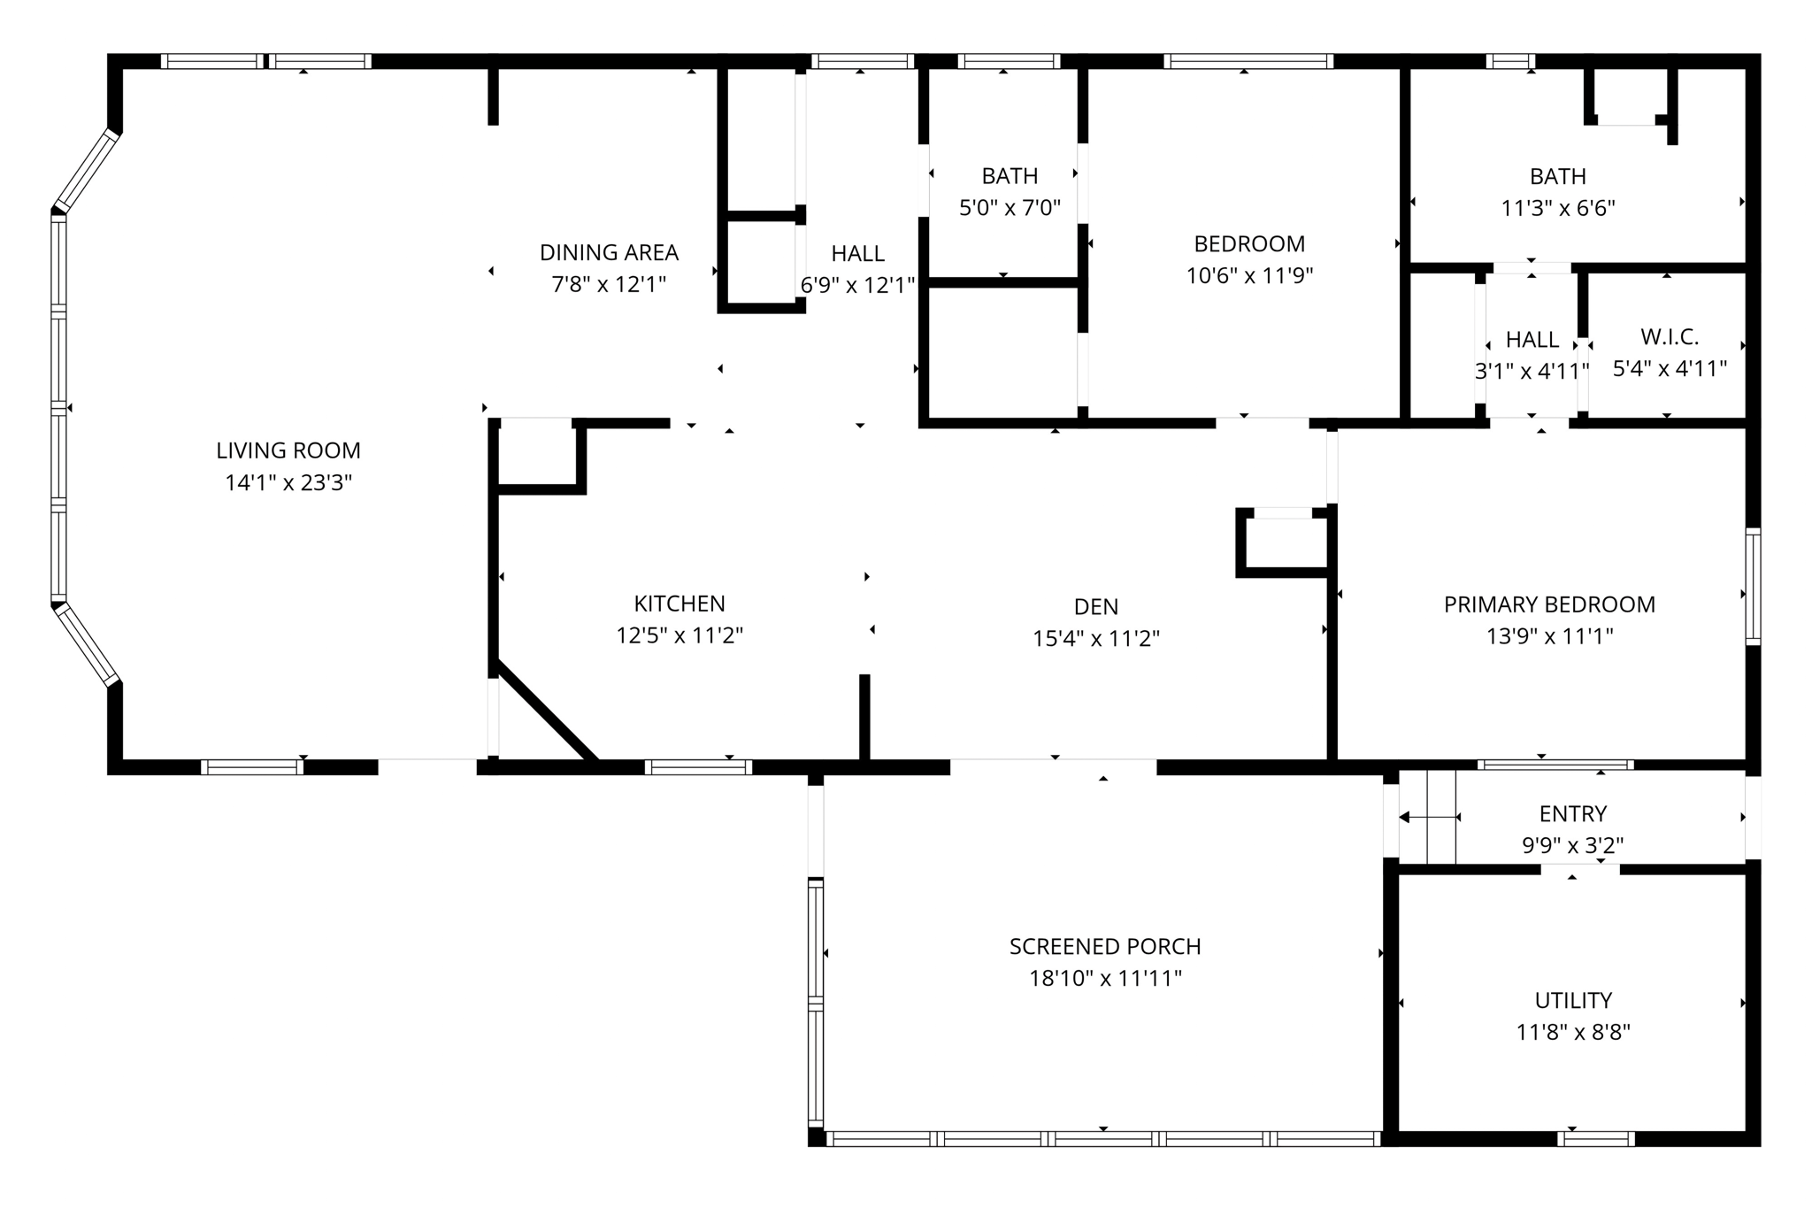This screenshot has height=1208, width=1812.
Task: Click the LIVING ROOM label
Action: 288,450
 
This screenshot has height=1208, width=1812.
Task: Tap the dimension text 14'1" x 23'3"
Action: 288,482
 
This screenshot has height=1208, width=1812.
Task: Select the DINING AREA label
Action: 609,252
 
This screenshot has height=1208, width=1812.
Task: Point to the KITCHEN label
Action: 679,604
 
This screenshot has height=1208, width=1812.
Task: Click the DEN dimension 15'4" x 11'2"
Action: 1095,638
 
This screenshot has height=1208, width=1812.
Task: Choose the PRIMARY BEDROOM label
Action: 1549,604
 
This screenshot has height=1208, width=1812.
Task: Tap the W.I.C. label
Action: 1670,337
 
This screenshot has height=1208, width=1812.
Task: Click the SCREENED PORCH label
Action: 1105,946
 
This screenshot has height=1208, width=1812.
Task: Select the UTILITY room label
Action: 1573,1000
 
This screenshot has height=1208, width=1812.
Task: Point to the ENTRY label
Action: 1572,813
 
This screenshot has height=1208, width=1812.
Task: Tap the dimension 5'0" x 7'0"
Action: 1010,208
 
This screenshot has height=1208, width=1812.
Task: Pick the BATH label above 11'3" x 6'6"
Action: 1557,176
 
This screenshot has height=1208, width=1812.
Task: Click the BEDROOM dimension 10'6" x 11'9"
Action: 1249,275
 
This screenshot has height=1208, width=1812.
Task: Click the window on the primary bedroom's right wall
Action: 1752,586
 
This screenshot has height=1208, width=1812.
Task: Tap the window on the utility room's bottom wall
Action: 1595,1139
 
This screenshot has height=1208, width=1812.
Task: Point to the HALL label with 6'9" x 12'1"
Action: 857,254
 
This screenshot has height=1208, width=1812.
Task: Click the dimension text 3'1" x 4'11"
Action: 1532,371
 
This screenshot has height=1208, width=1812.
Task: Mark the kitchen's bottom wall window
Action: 698,766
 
